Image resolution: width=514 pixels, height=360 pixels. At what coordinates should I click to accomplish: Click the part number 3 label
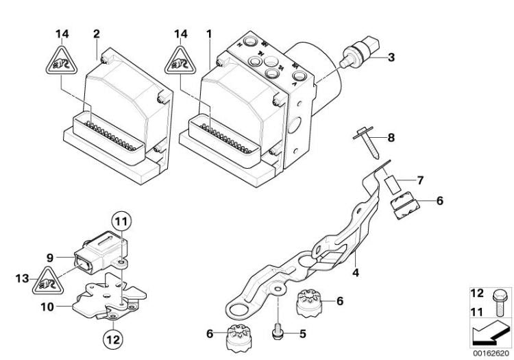[x=391, y=58]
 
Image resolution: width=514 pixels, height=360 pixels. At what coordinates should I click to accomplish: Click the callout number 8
[x=391, y=137]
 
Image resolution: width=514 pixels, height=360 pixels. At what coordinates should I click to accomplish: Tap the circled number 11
[x=121, y=221]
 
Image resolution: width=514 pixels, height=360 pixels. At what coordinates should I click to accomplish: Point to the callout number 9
[x=49, y=258]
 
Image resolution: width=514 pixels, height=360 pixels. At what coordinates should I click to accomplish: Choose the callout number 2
[x=96, y=32]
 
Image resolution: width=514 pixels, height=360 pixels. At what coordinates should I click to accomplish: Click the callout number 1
[x=209, y=32]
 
